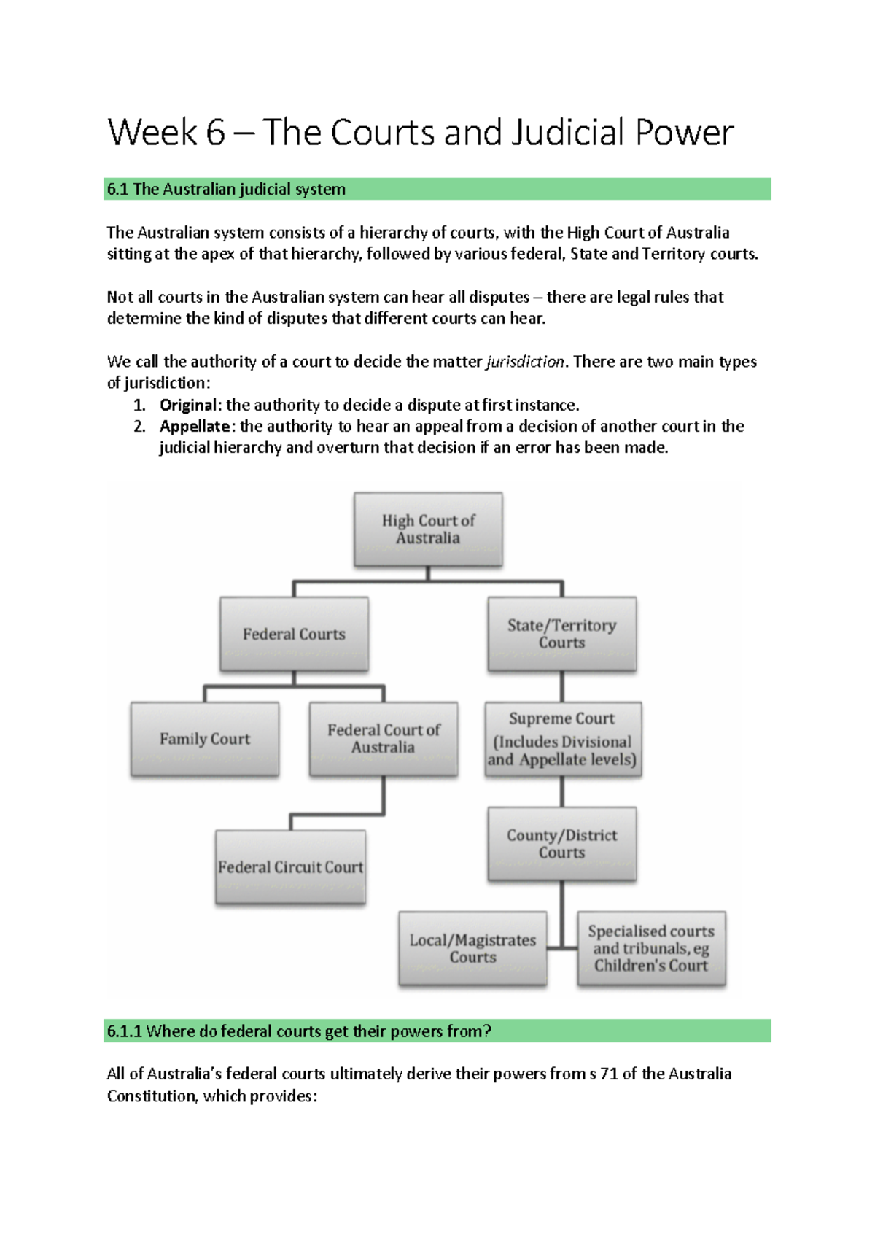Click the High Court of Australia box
428,529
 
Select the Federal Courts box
294,634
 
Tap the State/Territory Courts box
561,634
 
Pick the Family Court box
205,739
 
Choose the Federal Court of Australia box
384,739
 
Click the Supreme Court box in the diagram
563,739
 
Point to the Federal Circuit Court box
290,867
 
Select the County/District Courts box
561,844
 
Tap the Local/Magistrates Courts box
472,948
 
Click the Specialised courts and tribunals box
651,948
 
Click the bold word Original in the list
188,406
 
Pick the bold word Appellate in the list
195,427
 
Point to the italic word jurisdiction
525,362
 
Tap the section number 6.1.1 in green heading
124,1031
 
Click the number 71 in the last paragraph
609,1074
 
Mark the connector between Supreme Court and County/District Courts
562,791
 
